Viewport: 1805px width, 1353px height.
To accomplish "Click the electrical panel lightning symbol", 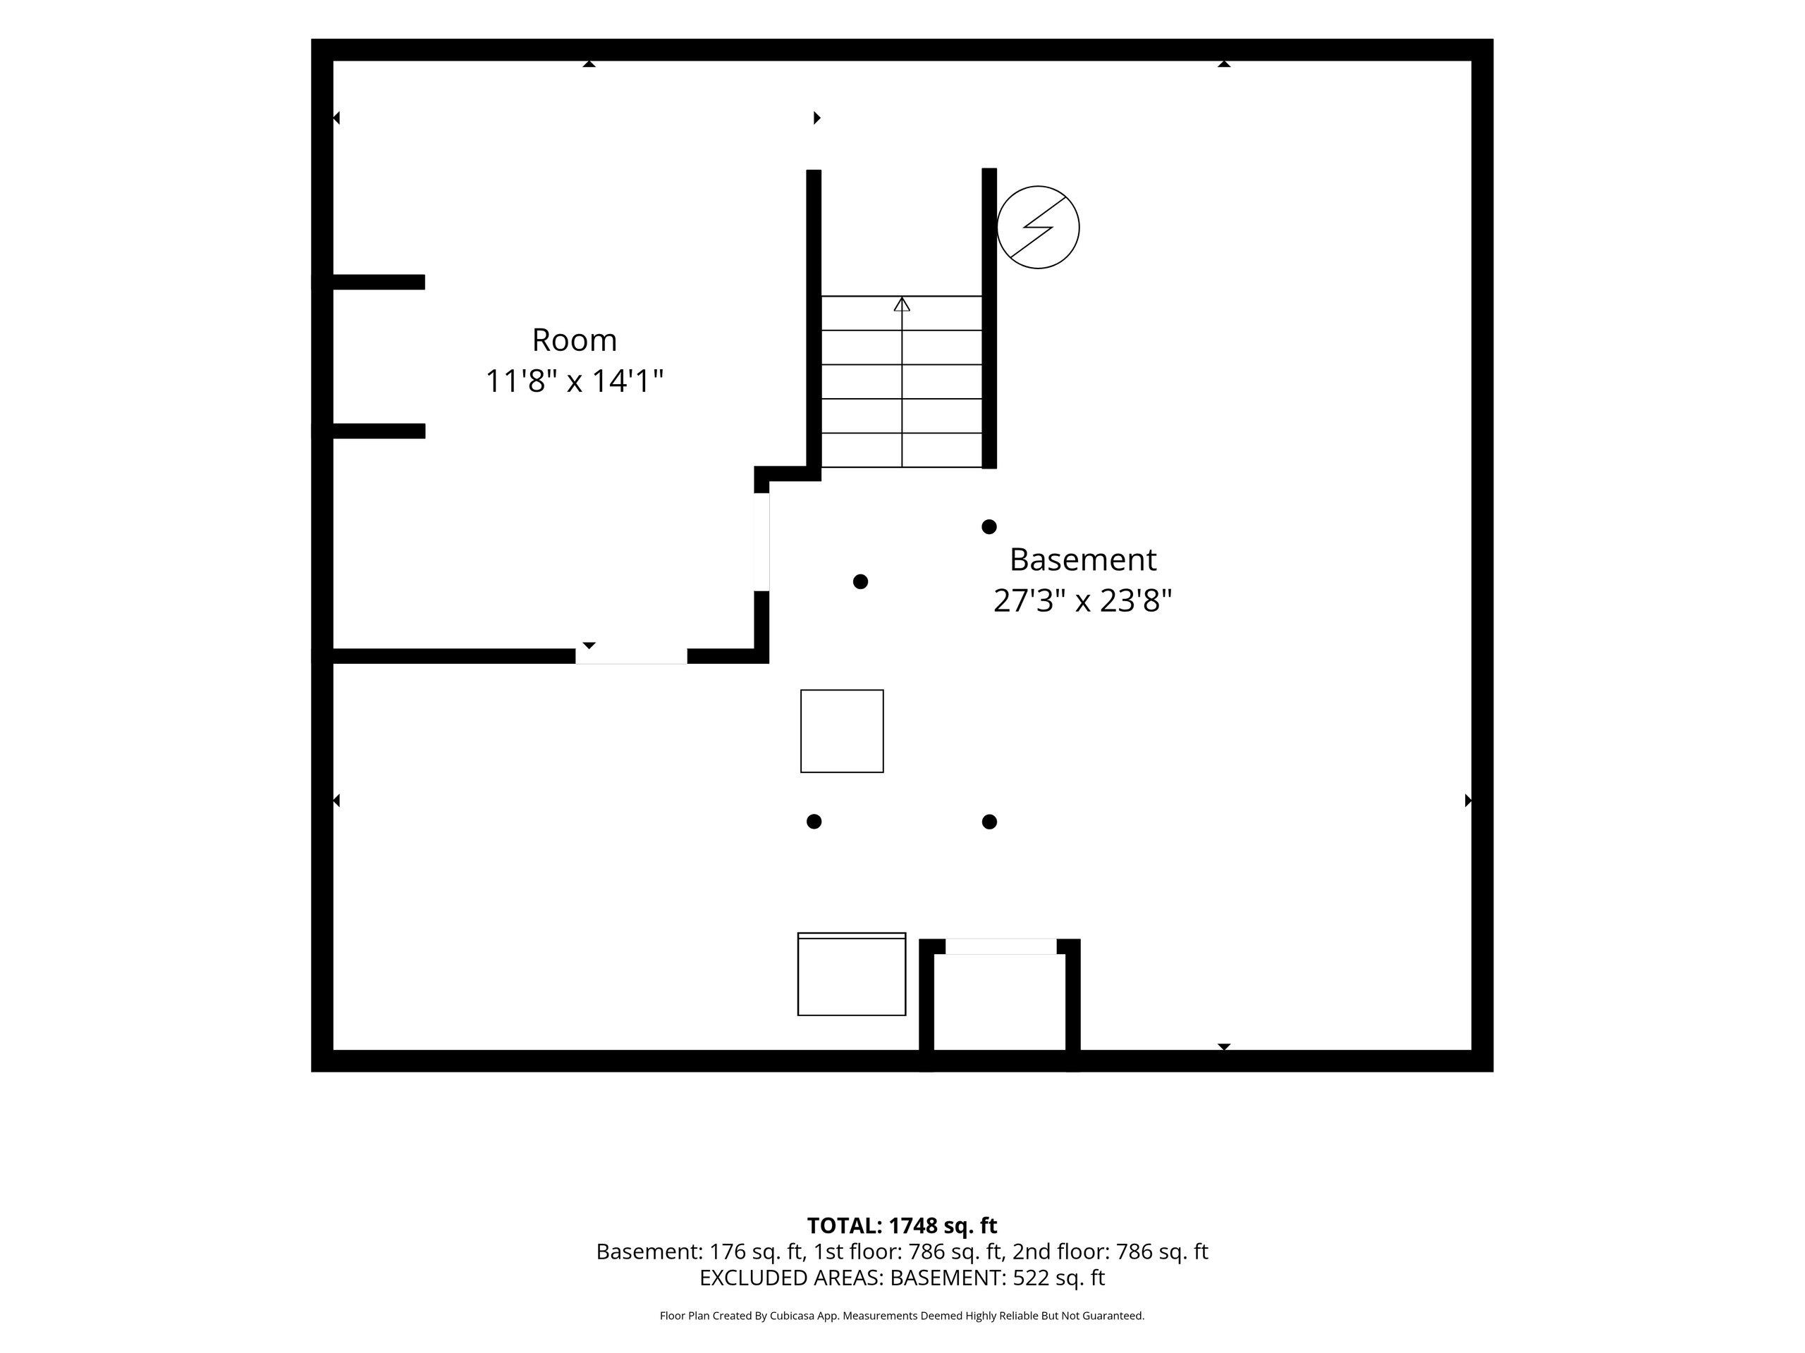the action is tap(1038, 228).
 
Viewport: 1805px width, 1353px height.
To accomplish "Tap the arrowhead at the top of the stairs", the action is tap(902, 304).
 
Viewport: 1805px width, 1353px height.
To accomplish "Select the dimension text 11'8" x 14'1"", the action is tap(575, 381).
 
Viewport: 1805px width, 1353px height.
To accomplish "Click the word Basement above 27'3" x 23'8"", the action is tap(1083, 560).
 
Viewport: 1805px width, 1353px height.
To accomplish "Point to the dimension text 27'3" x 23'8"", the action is tap(1083, 601).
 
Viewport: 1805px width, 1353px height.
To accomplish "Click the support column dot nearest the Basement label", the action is tap(989, 527).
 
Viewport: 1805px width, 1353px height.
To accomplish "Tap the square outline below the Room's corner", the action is tap(842, 731).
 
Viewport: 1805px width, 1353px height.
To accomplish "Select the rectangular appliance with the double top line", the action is tap(852, 974).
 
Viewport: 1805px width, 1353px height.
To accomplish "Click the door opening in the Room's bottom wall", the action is tap(632, 657).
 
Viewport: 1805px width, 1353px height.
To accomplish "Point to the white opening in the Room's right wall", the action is tap(761, 543).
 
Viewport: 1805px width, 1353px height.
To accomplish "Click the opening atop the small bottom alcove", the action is tap(1001, 946).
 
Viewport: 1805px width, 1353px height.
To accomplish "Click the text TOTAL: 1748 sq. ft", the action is tap(902, 1225).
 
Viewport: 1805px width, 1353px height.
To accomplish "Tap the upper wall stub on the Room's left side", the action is tap(379, 282).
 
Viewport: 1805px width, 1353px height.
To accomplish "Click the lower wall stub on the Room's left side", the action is tap(379, 431).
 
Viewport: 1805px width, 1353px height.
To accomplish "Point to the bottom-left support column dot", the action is tap(814, 821).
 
